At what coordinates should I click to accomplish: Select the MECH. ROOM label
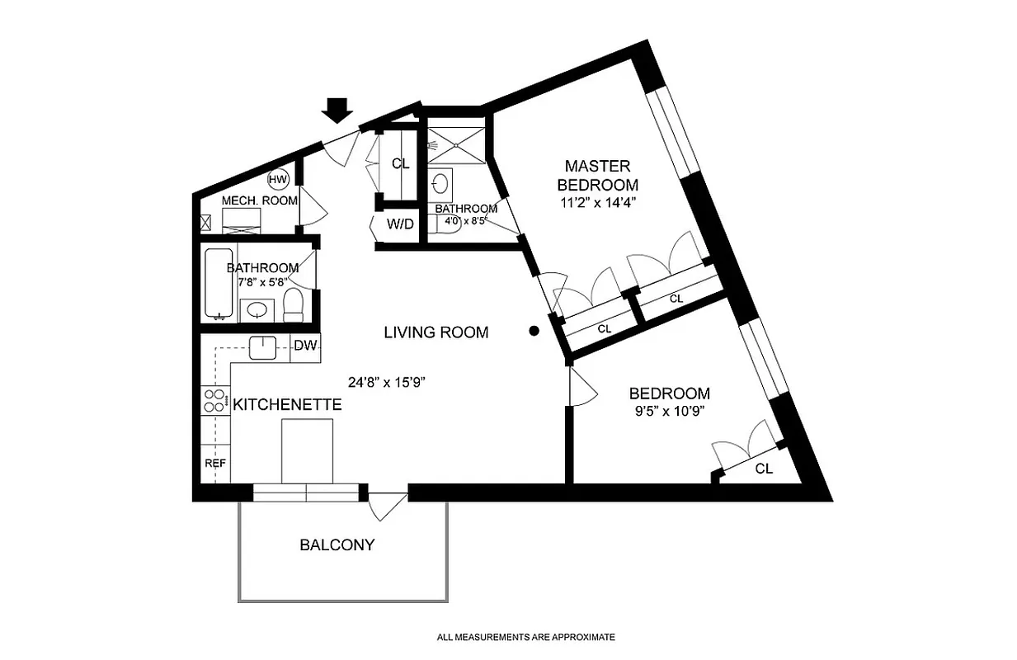coord(258,200)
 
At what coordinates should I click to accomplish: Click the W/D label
coord(400,225)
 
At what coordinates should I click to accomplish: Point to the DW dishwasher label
coord(305,346)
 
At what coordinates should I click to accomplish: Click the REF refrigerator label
coord(215,464)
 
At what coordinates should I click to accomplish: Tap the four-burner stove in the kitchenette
coord(215,402)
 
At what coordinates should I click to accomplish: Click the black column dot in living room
coord(534,332)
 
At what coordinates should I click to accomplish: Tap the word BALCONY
coord(337,545)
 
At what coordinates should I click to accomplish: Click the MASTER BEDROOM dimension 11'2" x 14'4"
coord(597,201)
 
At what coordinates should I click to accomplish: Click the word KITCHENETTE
coord(287,405)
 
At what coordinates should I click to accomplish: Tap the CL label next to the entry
coord(400,163)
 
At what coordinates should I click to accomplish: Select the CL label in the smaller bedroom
coord(764,469)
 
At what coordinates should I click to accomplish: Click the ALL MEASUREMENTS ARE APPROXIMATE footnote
coord(525,637)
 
